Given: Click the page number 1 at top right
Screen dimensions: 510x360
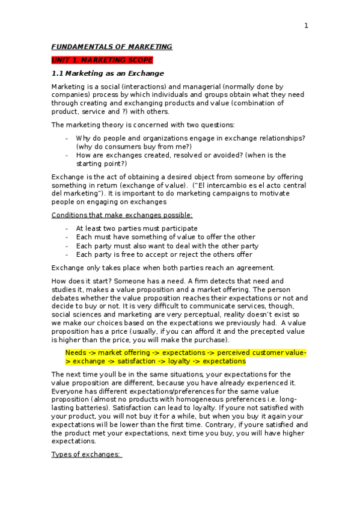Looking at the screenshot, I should [306, 25].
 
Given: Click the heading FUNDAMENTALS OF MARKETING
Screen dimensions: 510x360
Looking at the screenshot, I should [112, 47].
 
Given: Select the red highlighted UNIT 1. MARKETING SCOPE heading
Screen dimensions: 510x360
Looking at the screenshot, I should [102, 60].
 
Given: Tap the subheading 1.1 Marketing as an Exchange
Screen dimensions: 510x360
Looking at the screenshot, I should [108, 73].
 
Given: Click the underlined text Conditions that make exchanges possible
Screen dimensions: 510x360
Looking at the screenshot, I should [122, 215].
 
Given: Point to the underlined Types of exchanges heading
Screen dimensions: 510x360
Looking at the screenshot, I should [87, 454].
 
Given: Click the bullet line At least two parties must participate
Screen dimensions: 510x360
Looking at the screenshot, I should [136, 229].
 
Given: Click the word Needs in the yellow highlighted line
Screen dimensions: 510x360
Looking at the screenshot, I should [75, 352].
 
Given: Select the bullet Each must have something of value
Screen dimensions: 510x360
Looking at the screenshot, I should [165, 237].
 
